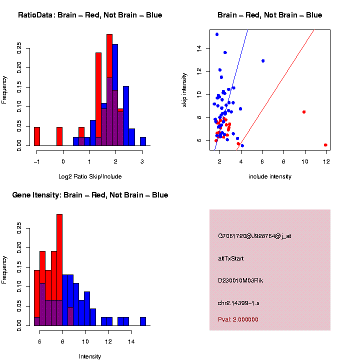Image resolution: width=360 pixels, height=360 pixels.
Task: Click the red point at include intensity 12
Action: [325, 145]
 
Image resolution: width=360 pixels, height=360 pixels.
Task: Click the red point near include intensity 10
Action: [304, 112]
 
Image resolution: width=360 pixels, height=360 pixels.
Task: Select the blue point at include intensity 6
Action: [263, 61]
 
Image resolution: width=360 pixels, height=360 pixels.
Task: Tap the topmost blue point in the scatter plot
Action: [217, 34]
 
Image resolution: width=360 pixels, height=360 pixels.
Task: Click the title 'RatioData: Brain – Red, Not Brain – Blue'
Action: [90, 15]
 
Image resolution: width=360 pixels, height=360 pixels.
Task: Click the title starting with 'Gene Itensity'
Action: [90, 195]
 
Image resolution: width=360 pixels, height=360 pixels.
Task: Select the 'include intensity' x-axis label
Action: [270, 176]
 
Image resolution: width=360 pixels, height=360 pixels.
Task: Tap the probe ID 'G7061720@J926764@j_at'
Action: [254, 236]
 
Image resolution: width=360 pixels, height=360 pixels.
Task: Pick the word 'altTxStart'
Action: [231, 258]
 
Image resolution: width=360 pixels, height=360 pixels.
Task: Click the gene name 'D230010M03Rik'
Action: [240, 280]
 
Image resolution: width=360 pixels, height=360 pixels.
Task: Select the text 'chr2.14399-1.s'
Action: [238, 303]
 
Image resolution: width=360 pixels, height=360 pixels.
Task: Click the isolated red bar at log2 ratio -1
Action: [37, 136]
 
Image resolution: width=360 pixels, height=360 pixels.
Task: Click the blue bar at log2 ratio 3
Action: [143, 141]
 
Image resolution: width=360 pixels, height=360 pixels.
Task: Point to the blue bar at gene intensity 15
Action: [143, 321]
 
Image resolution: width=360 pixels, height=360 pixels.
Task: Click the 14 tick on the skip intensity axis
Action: [198, 48]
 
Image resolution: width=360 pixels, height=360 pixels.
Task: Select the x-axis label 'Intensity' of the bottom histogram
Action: [90, 356]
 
